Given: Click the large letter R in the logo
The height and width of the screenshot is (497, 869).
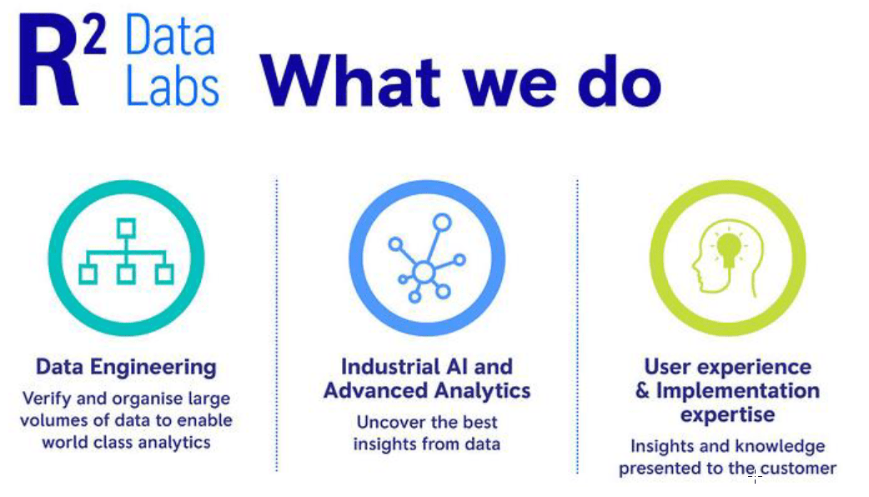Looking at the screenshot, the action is pyautogui.click(x=48, y=60).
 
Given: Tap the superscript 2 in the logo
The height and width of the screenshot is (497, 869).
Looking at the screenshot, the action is pyautogui.click(x=95, y=35).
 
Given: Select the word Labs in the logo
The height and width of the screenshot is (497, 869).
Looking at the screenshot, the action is pyautogui.click(x=173, y=87).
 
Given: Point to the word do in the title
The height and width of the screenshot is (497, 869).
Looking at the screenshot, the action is pyautogui.click(x=620, y=81).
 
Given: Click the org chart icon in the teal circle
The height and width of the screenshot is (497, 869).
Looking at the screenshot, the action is pyautogui.click(x=127, y=252).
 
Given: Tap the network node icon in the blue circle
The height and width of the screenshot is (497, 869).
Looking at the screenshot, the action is pyautogui.click(x=426, y=259).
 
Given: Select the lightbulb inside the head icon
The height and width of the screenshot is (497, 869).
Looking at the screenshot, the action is pyautogui.click(x=728, y=249).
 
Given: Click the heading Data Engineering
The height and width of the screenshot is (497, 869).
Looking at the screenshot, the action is pyautogui.click(x=127, y=368).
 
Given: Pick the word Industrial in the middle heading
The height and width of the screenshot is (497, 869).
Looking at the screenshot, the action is pyautogui.click(x=384, y=367).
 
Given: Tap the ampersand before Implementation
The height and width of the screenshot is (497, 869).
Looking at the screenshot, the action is pyautogui.click(x=642, y=390).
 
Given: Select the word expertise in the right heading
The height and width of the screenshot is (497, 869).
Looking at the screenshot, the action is pyautogui.click(x=727, y=415).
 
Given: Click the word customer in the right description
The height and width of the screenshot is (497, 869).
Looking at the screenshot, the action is pyautogui.click(x=799, y=468).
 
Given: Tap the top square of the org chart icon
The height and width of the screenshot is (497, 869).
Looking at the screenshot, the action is pyautogui.click(x=127, y=228).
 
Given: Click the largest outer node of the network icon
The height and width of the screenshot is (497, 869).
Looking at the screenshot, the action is pyautogui.click(x=442, y=222).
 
